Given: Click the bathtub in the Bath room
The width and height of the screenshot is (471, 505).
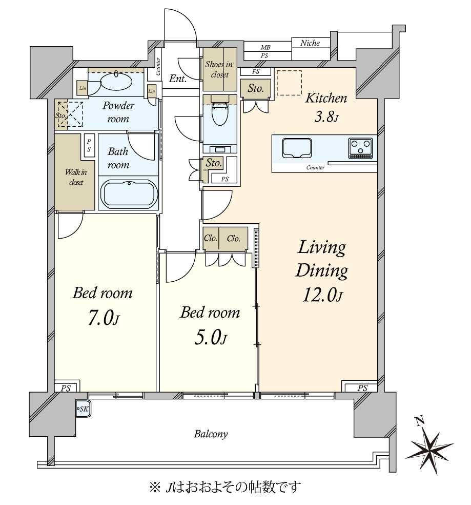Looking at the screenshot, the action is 129,193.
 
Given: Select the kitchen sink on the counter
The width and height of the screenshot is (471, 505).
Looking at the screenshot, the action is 297,148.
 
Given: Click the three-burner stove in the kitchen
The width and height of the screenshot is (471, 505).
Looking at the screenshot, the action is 360,148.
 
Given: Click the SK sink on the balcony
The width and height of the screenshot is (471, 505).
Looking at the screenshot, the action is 84,409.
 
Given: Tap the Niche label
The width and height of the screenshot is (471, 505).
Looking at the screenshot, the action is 310,43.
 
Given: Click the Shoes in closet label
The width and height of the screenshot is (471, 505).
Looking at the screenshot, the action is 219,69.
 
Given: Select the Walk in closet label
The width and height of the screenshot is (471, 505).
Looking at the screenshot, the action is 76,177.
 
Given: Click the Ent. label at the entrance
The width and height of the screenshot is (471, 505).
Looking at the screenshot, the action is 178,78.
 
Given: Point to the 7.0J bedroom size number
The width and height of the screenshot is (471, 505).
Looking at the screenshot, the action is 103,318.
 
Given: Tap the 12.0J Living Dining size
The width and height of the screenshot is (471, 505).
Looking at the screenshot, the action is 322,295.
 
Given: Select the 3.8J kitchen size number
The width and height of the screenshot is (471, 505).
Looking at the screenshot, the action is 326,116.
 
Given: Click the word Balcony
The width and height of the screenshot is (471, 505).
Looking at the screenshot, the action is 211,434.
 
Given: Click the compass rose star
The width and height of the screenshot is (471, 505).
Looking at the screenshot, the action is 429,448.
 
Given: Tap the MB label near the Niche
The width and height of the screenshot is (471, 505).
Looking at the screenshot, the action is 265,47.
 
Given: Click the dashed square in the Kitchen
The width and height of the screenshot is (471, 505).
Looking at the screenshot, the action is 289,83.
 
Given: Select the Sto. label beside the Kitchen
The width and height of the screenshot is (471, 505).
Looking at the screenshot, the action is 255,88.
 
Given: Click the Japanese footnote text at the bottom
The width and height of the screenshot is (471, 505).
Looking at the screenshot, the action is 225,487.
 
